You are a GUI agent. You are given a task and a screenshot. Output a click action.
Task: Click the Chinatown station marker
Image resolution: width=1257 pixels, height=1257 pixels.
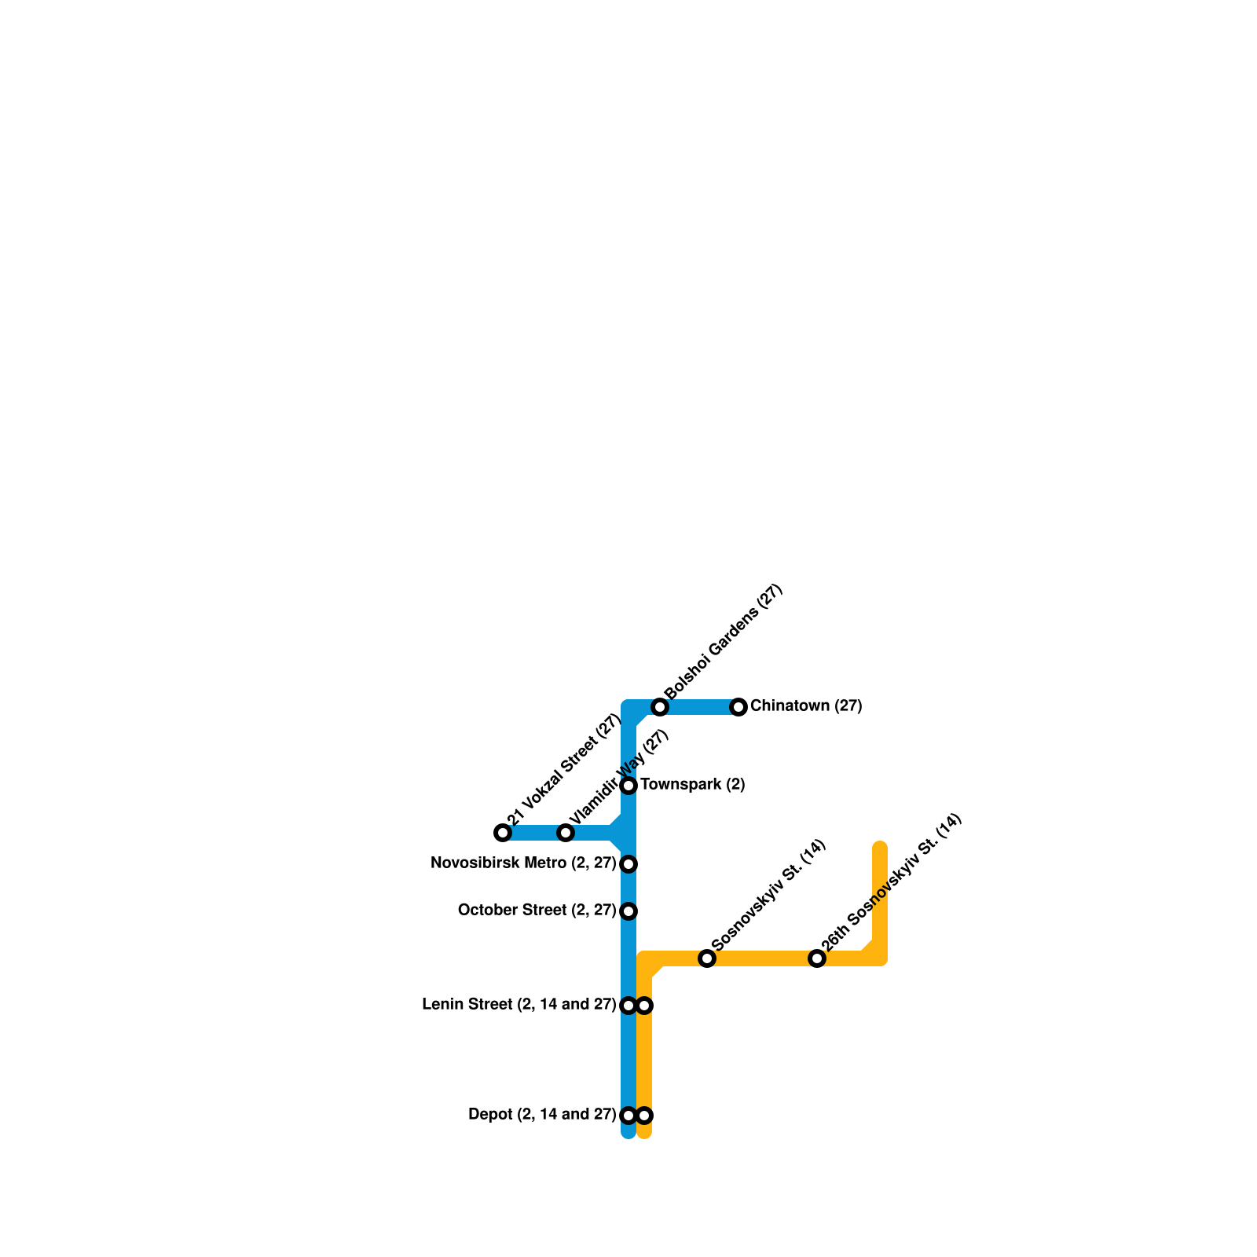738,707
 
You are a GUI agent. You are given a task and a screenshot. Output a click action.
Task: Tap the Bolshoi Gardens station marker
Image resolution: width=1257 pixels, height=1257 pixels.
660,707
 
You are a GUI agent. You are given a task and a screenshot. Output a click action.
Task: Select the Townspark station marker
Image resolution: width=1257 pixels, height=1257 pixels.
628,786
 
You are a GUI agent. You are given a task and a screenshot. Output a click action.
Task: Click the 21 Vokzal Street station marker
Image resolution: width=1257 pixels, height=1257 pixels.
503,833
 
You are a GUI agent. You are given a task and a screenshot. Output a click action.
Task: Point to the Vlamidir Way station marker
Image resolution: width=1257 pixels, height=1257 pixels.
566,833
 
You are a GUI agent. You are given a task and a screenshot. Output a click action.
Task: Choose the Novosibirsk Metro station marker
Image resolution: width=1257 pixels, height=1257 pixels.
628,864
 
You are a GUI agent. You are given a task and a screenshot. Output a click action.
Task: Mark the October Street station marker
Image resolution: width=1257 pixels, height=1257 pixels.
628,911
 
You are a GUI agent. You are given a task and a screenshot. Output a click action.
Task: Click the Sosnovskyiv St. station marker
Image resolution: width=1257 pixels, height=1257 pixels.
707,958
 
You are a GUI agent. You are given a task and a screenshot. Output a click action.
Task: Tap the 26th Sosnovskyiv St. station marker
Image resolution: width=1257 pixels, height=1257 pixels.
817,958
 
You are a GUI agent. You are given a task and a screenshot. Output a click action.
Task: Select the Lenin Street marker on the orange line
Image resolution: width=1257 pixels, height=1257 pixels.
644,1006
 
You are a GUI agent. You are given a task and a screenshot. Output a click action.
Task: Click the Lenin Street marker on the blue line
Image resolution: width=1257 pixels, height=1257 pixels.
628,1006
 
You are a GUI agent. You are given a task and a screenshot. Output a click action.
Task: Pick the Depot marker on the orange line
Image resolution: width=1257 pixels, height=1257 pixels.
644,1116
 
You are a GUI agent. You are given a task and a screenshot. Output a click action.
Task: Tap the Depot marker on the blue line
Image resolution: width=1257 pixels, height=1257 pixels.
628,1116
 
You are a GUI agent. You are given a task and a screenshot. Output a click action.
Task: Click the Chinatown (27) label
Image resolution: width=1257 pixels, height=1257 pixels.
806,706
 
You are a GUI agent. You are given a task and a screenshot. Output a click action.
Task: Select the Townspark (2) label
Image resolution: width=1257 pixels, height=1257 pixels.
692,785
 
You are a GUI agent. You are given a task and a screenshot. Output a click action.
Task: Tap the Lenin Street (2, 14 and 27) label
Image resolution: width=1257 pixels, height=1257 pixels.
519,1005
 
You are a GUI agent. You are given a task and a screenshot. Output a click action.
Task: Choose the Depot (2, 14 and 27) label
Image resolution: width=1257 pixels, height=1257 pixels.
541,1115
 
